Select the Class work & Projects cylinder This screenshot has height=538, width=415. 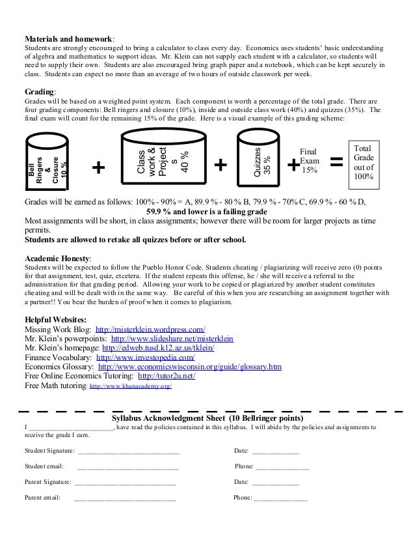pyautogui.click(x=157, y=159)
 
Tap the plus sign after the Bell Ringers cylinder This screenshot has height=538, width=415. pyautogui.click(x=99, y=167)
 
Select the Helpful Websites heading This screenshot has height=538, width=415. pyautogui.click(x=55, y=320)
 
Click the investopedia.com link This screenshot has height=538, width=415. pyautogui.click(x=146, y=358)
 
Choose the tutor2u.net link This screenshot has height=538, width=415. pyautogui.click(x=166, y=376)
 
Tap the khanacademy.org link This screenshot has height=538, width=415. pyautogui.click(x=130, y=386)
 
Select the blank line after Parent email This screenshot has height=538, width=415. pyautogui.click(x=125, y=498)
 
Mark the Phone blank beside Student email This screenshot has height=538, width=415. pyautogui.click(x=282, y=467)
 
